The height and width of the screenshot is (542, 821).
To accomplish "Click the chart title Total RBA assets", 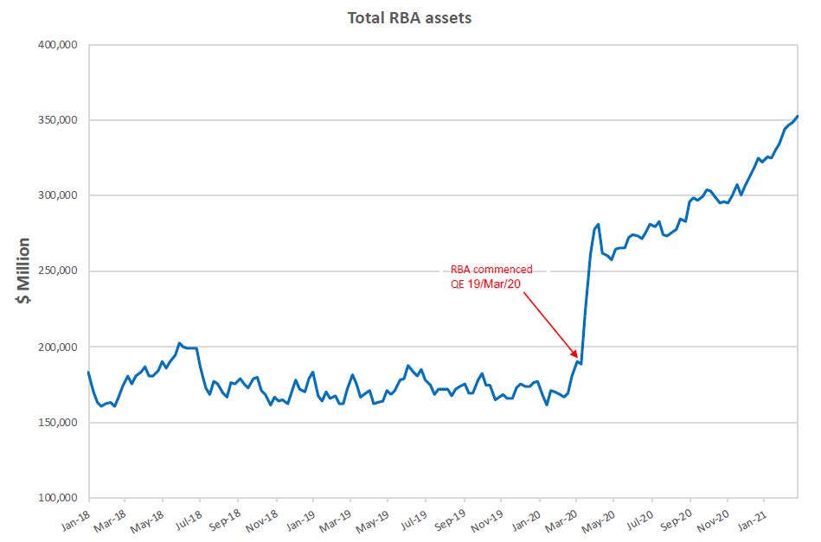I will (409, 17).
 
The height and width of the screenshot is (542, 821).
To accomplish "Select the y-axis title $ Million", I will (23, 271).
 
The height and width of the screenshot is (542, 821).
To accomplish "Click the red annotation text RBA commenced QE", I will (491, 277).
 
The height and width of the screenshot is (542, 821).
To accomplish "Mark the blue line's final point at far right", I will (798, 116).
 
